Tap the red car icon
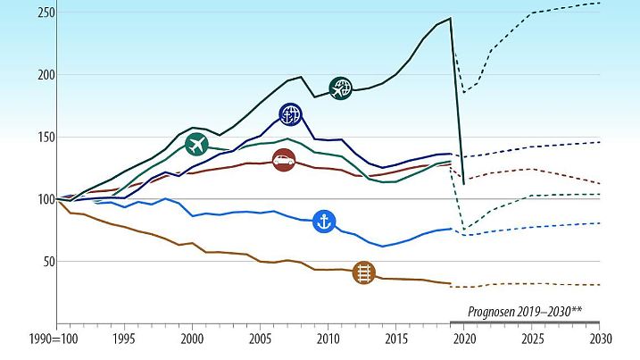coord(284,162)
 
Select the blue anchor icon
coord(325,222)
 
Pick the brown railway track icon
coord(363,272)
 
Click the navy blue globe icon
coord(290,113)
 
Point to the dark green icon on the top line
coord(341,88)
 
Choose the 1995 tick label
coord(124,340)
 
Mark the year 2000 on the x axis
coord(192,340)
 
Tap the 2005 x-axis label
coord(260,340)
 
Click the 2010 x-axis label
coord(328,340)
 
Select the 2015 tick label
coord(395,340)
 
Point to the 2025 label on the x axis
coord(531,340)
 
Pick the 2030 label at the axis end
coord(599,340)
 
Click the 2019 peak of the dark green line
coord(451,18)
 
